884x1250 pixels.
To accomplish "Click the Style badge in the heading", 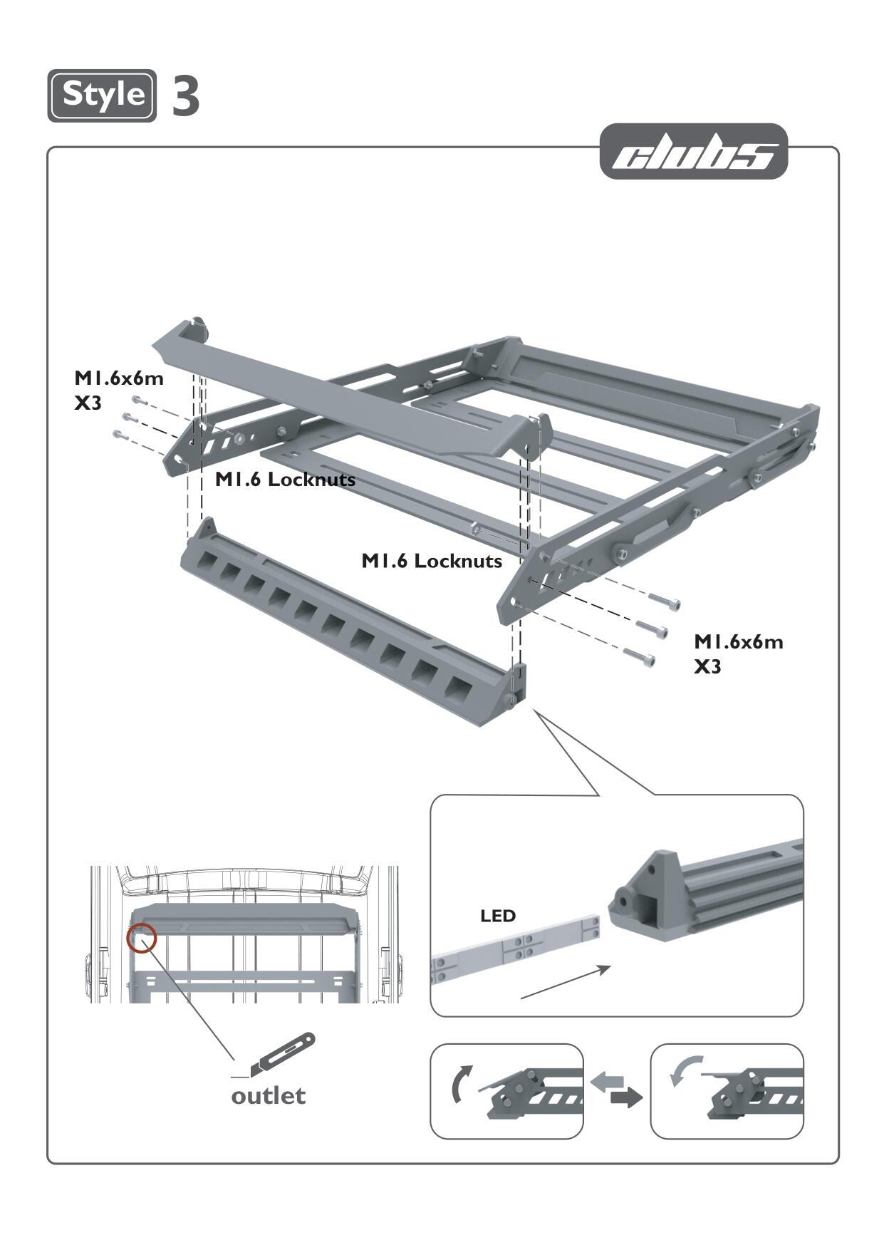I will [x=102, y=95].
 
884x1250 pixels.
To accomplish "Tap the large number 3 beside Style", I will [x=186, y=96].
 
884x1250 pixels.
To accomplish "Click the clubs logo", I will [x=694, y=152].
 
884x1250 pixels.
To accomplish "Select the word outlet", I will [x=268, y=1095].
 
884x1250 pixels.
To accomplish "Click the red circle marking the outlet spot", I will [x=141, y=938].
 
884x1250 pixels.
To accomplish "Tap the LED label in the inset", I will [x=498, y=916].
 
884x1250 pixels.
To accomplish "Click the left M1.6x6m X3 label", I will [x=118, y=390].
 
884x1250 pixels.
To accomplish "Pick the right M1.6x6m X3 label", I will [x=738, y=654].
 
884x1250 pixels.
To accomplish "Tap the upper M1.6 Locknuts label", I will [x=285, y=480].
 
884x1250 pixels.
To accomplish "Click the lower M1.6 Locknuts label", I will [x=432, y=561].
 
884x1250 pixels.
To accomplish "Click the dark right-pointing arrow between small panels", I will [x=625, y=1097].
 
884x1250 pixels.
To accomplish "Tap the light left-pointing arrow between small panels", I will [x=608, y=1081].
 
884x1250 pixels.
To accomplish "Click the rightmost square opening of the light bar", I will [x=459, y=688].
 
